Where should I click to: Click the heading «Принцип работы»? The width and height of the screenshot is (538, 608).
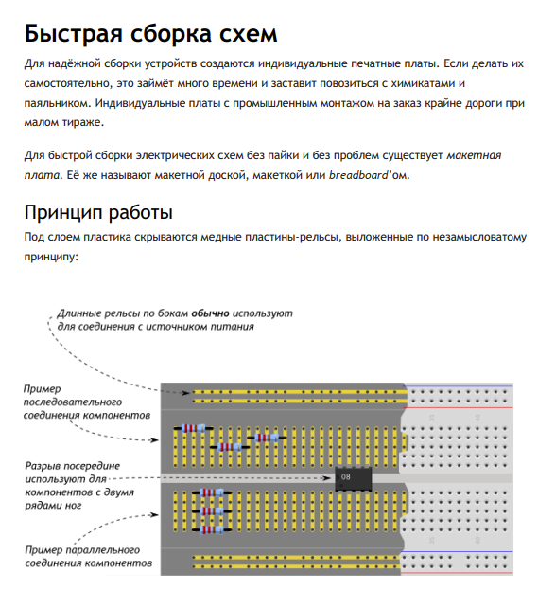tap(98, 212)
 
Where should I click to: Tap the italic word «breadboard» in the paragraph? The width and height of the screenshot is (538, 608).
tap(358, 175)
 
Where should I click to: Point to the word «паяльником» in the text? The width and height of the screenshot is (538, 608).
tap(57, 103)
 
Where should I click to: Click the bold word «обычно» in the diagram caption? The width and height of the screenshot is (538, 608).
tap(210, 313)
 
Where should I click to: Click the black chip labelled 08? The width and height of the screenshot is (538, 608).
tap(354, 478)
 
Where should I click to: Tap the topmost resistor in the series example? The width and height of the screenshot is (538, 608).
tap(193, 428)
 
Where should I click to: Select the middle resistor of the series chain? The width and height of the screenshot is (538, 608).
tap(230, 447)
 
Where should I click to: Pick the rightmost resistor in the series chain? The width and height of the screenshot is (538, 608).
tap(267, 438)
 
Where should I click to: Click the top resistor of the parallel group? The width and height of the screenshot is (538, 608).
tap(212, 492)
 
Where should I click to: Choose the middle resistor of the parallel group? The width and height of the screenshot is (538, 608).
tap(212, 511)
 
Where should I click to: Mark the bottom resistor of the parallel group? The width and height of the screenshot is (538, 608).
tap(212, 529)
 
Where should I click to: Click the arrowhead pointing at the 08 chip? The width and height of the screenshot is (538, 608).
tap(327, 478)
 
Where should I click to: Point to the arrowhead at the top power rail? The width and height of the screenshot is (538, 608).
tap(186, 393)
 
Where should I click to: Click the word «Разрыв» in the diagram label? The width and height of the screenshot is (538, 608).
tap(43, 466)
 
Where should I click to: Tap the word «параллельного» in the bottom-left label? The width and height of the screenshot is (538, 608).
tap(102, 550)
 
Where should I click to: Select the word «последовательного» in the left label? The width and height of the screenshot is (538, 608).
tap(73, 402)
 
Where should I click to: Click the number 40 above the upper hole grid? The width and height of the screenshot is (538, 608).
tap(477, 418)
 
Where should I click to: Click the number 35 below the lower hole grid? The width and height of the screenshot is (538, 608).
tap(432, 540)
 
